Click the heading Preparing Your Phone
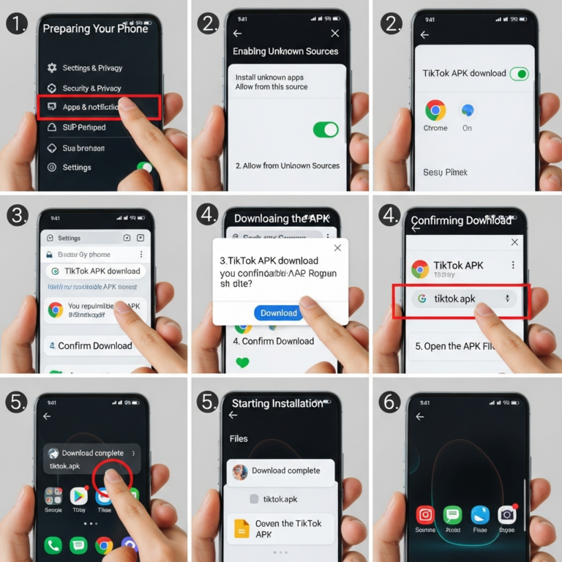[x=95, y=29]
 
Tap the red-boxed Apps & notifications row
[x=98, y=107]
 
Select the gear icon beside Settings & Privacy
[x=52, y=68]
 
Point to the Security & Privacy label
[x=91, y=88]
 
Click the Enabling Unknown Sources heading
[x=285, y=51]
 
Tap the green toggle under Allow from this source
[x=326, y=130]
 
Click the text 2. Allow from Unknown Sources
[x=287, y=166]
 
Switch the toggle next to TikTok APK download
[x=519, y=73]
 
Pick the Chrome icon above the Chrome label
[x=435, y=110]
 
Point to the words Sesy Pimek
[x=445, y=173]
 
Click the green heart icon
[x=242, y=361]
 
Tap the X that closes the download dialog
[x=337, y=248]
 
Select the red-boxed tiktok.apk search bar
[x=461, y=299]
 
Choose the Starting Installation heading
[x=277, y=403]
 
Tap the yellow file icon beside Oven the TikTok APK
[x=241, y=528]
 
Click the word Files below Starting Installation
[x=239, y=439]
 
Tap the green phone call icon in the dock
[x=53, y=545]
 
